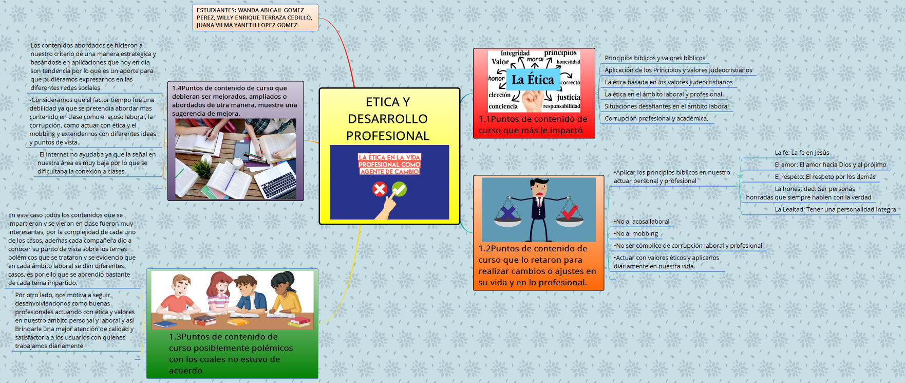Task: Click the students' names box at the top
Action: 255,17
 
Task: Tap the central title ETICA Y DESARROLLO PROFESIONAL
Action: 388,119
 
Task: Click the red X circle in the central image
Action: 380,189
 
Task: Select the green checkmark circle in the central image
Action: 399,189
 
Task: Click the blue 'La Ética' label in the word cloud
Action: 533,80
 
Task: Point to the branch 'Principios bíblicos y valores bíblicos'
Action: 654,58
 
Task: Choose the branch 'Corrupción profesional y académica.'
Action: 656,118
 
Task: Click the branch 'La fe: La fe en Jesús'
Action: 802,153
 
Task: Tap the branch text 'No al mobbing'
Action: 636,234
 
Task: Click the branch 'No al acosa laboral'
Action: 642,222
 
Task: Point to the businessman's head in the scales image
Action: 538,186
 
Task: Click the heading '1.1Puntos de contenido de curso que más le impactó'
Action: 533,124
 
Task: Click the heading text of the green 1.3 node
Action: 231,353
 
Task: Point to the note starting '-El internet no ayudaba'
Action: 96,163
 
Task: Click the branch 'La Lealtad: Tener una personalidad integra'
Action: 835,209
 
